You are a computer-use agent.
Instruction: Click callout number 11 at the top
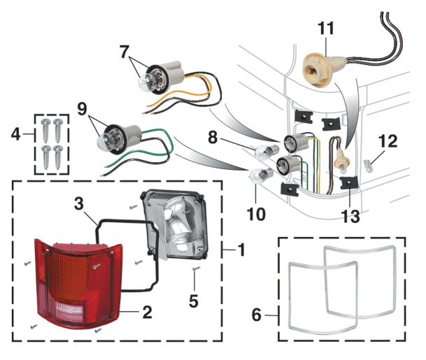[326, 29]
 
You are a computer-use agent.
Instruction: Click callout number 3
[79, 204]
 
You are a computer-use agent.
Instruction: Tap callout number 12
[388, 141]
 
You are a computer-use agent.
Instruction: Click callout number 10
[257, 213]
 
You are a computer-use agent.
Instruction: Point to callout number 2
[147, 311]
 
